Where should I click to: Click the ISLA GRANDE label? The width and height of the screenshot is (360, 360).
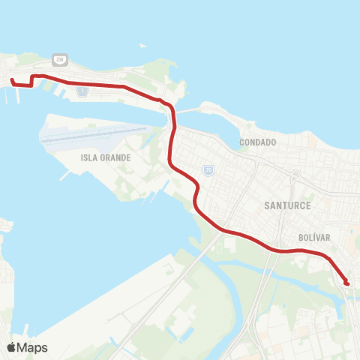point(106,158)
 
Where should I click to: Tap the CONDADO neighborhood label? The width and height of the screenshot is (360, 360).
point(258,142)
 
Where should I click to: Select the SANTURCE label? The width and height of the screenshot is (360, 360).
point(287,205)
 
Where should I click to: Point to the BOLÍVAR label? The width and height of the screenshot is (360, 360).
point(315,237)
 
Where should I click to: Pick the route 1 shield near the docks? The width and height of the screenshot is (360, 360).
point(82,93)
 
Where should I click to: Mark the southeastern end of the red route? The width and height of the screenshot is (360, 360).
point(346,283)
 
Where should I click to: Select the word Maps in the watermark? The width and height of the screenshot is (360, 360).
point(34,347)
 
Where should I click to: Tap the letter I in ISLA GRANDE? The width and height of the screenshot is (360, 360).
point(82,158)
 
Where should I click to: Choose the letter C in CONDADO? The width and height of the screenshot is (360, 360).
point(242,142)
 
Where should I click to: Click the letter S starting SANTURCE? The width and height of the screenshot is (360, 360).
point(267,205)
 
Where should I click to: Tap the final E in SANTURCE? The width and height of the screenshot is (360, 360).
point(307,205)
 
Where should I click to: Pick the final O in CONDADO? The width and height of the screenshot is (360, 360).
point(274,142)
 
